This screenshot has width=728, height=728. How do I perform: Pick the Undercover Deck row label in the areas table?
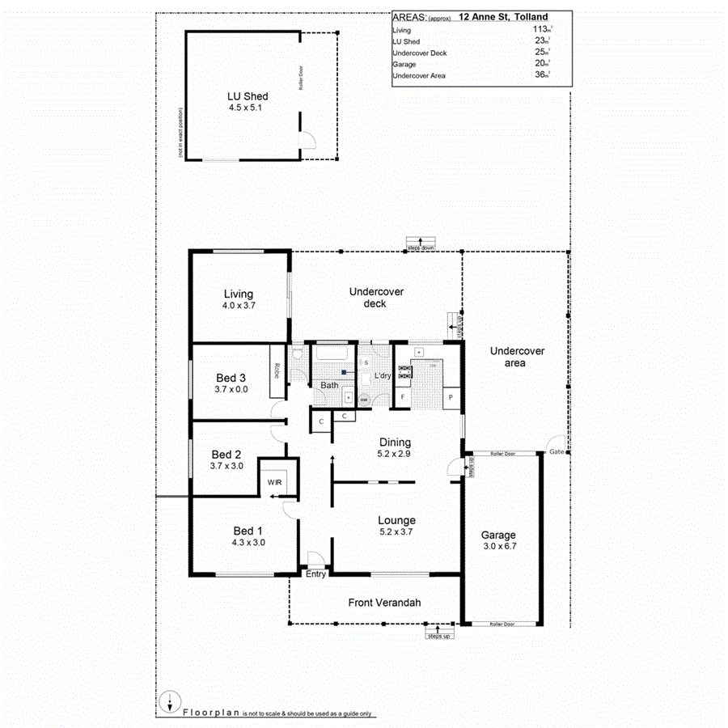tap(418, 53)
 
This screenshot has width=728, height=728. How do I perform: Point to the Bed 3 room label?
tap(231, 378)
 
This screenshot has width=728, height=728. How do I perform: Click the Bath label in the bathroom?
tap(329, 385)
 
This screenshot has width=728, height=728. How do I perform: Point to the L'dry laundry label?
tap(382, 376)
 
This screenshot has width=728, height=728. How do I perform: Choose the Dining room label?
tap(396, 442)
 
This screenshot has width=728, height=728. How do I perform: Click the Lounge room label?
tap(396, 520)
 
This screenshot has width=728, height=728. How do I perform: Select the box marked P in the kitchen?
tap(450, 397)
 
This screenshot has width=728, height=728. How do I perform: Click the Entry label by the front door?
tap(315, 574)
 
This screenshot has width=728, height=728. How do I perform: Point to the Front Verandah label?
tap(384, 603)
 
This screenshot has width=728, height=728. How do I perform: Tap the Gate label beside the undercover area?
tap(556, 451)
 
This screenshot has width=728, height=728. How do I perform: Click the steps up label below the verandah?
tap(439, 635)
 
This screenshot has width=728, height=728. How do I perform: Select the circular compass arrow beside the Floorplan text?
tap(169, 701)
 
